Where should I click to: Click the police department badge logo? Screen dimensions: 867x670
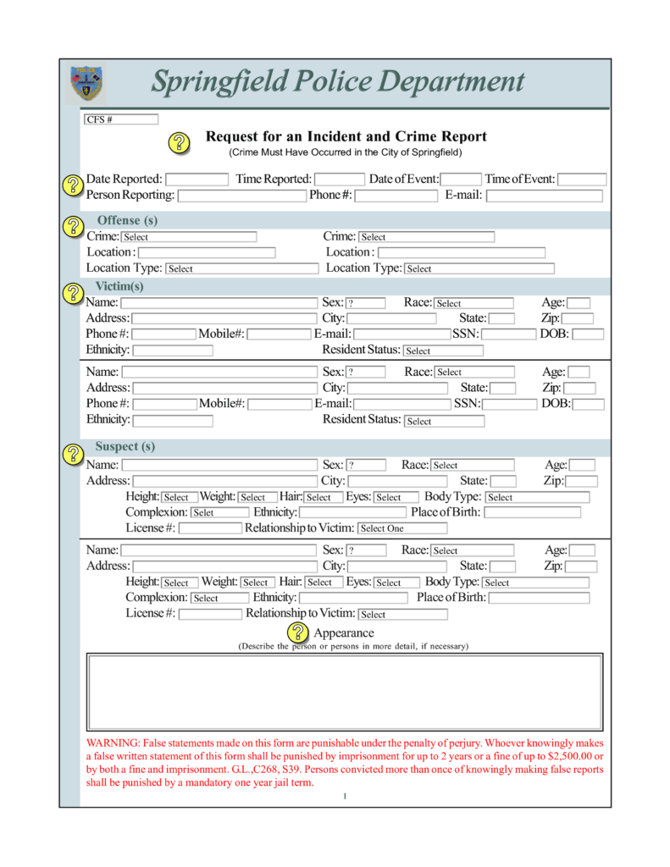[x=86, y=83]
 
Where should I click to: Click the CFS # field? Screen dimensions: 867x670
[x=120, y=119]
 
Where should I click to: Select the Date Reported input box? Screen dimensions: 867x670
[x=197, y=179]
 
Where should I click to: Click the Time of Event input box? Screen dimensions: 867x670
[x=582, y=179]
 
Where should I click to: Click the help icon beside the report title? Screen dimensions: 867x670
[x=180, y=142]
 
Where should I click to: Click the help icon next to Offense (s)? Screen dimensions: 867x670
[x=73, y=226]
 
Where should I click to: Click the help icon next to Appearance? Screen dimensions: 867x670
[x=298, y=632]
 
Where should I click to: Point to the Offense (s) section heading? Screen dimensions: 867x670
[x=127, y=220]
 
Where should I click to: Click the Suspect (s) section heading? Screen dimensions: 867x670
[x=125, y=446]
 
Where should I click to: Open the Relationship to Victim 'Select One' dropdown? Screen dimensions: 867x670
[x=402, y=528]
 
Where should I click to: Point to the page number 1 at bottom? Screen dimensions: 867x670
[x=345, y=796]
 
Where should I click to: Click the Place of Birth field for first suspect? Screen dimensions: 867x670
[x=533, y=512]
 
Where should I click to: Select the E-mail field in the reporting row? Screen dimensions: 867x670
[x=544, y=196]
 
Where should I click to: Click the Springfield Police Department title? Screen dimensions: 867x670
[x=337, y=82]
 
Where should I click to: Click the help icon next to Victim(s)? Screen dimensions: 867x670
[x=73, y=293]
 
